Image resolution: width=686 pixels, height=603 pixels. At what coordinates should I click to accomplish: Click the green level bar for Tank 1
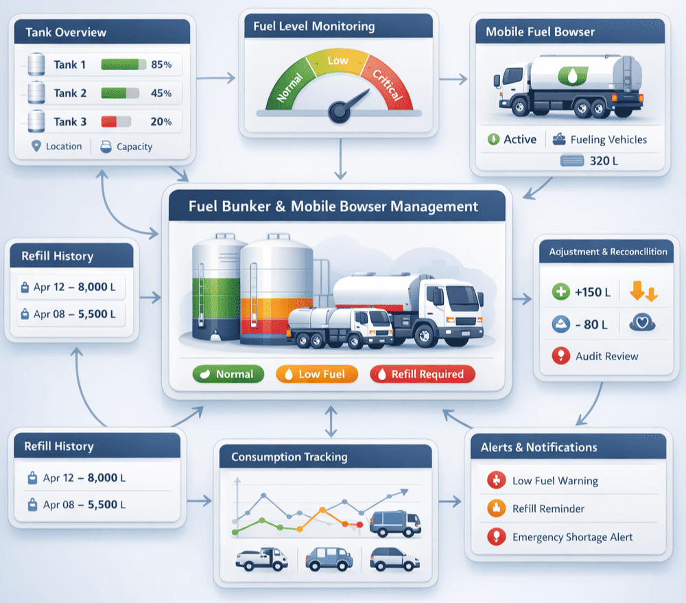(123, 64)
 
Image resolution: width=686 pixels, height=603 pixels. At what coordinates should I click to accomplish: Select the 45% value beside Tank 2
(161, 93)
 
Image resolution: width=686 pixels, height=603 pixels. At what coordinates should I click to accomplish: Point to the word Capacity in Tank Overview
(134, 146)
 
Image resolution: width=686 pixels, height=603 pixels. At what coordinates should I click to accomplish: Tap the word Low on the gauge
(338, 60)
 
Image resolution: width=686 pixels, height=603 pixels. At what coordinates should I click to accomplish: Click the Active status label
(520, 139)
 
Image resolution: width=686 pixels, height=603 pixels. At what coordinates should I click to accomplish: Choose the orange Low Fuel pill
(318, 374)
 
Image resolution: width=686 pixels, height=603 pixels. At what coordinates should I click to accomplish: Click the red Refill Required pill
(422, 374)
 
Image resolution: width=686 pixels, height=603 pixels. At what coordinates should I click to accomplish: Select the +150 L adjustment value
(593, 292)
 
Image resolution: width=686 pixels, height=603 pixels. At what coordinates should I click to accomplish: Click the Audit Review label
(607, 356)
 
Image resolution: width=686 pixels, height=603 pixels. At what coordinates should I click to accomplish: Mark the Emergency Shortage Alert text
(572, 537)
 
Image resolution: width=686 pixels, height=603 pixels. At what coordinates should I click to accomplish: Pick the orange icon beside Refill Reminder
(495, 508)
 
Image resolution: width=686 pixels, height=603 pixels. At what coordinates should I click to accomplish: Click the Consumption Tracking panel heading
(289, 457)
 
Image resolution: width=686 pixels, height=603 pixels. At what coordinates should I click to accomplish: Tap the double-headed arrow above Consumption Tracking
(331, 421)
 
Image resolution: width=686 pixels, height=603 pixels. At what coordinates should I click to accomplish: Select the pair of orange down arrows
(643, 292)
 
